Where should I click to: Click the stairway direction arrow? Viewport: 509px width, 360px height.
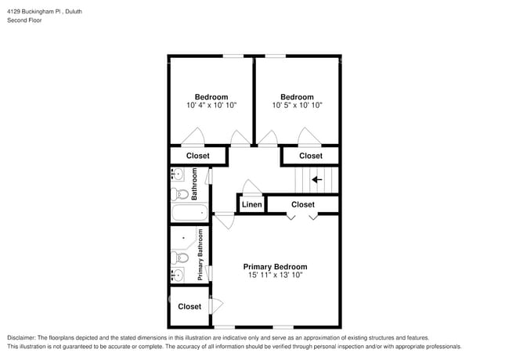[x=317, y=180]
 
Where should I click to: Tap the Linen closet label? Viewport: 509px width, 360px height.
[x=251, y=205]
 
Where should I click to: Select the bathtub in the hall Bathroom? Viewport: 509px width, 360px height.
[x=188, y=211]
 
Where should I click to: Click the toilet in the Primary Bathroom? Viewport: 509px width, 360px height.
[x=179, y=257]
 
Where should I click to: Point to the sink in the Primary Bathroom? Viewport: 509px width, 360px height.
[x=177, y=274]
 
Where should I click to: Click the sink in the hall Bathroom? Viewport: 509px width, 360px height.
[x=177, y=175]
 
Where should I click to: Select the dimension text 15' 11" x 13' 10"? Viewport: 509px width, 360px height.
[x=275, y=275]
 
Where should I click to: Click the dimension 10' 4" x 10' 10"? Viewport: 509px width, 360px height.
[x=211, y=105]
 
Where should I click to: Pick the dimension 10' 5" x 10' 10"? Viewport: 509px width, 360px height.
[x=298, y=105]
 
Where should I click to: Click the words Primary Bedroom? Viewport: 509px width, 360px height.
[x=275, y=266]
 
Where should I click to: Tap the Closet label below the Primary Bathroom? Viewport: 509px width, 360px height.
[x=190, y=307]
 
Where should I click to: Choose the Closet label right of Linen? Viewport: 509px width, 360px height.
[x=303, y=204]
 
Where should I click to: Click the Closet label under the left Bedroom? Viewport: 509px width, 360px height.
[x=197, y=156]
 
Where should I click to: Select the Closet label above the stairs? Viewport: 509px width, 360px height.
[x=311, y=156]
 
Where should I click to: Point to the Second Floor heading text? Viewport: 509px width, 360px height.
[x=25, y=20]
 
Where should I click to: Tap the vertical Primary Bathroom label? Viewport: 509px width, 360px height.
[x=200, y=254]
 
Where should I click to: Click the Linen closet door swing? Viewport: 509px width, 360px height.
[x=252, y=187]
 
